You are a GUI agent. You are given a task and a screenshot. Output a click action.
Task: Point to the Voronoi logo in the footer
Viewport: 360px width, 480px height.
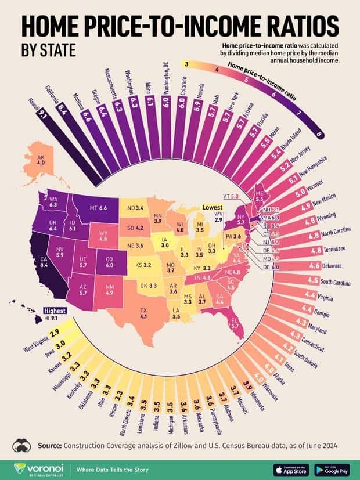(x=35, y=468)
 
